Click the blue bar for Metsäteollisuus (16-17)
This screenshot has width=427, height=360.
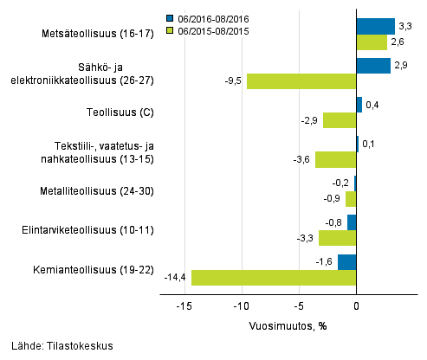375,26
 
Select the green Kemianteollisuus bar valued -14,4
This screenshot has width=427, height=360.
274,278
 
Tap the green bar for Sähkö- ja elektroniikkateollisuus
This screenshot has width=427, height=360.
301,81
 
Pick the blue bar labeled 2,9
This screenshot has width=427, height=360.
373,66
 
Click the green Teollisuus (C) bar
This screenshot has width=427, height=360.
340,120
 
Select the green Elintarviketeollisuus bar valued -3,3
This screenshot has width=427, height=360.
337,238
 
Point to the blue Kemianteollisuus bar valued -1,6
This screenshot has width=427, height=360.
347,262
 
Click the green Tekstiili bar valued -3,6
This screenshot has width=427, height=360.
335,159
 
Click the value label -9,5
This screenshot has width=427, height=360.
232,81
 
